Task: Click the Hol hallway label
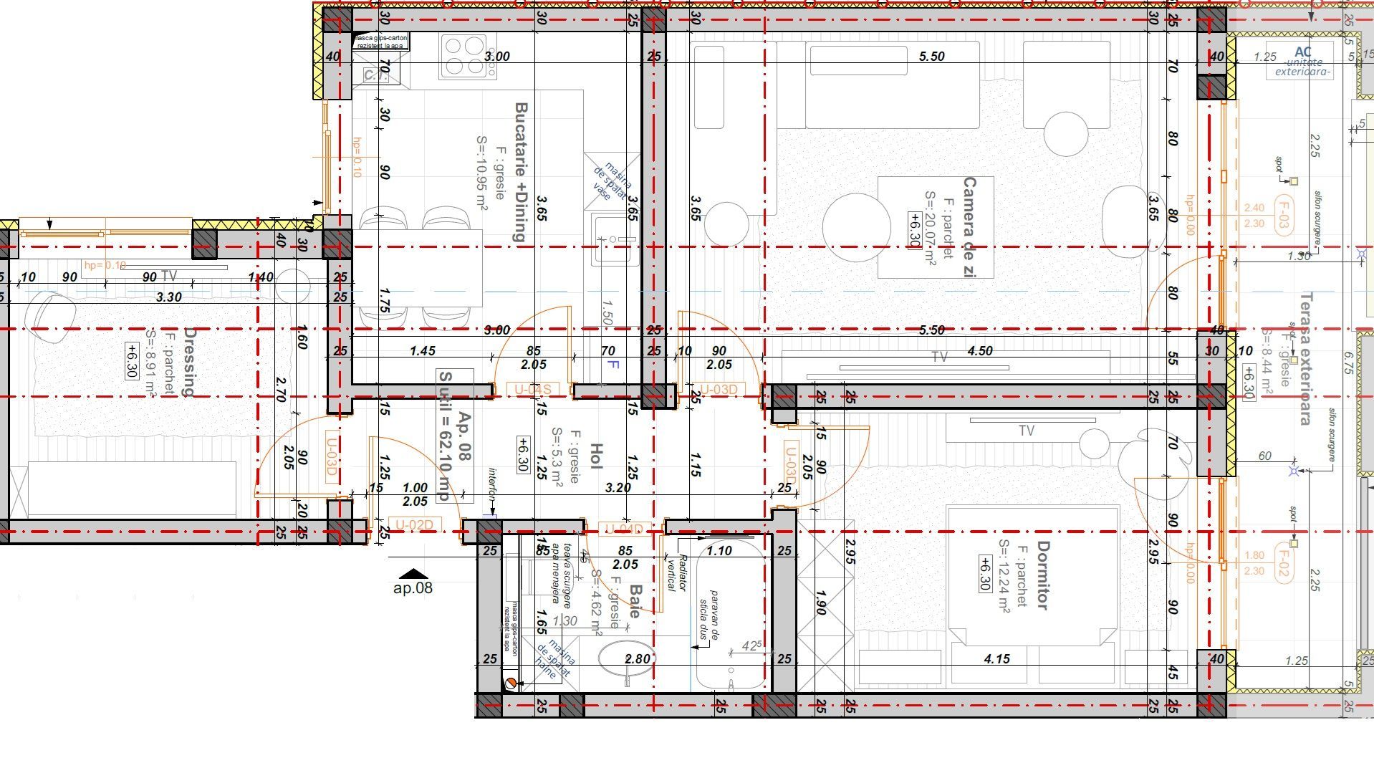coord(596,456)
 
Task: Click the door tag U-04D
coord(623,529)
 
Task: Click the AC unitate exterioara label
coord(1303,61)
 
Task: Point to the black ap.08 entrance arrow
coord(413,573)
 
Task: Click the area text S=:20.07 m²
coord(931,229)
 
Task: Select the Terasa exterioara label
coord(1305,358)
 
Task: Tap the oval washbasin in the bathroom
coord(625,659)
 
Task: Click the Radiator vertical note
coord(676,573)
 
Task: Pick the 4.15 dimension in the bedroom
coord(996,658)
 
